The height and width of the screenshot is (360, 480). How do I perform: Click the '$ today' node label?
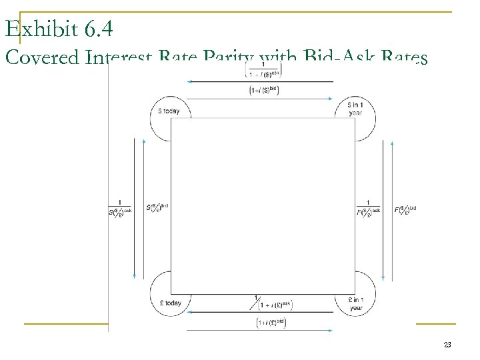pyautogui.click(x=169, y=111)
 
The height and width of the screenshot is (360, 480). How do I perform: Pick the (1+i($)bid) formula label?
pyautogui.click(x=263, y=90)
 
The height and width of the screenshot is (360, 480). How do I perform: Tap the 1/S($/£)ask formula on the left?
pyautogui.click(x=120, y=208)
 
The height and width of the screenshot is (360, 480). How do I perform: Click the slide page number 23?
pyautogui.click(x=447, y=345)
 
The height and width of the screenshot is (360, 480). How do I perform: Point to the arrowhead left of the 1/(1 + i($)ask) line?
pyautogui.click(x=190, y=81)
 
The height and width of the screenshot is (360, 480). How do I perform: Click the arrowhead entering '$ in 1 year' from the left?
pyautogui.click(x=331, y=99)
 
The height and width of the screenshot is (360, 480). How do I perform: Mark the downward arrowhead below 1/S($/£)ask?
pyautogui.click(x=135, y=276)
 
